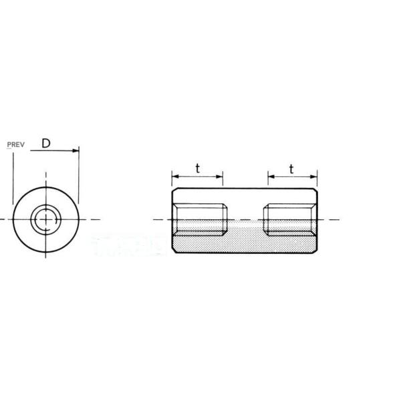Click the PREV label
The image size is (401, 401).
click(x=15, y=145)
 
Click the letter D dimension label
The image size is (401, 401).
click(x=46, y=144)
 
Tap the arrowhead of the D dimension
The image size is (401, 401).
click(x=76, y=150)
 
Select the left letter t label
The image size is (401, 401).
click(x=197, y=168)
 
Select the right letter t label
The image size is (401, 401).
click(x=291, y=169)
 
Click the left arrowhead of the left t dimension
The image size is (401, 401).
click(x=175, y=176)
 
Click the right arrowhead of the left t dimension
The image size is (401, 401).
click(x=219, y=176)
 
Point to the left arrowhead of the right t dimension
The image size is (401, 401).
click(x=271, y=176)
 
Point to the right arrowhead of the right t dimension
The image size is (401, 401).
click(x=314, y=176)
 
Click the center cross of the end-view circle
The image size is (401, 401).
click(x=45, y=219)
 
